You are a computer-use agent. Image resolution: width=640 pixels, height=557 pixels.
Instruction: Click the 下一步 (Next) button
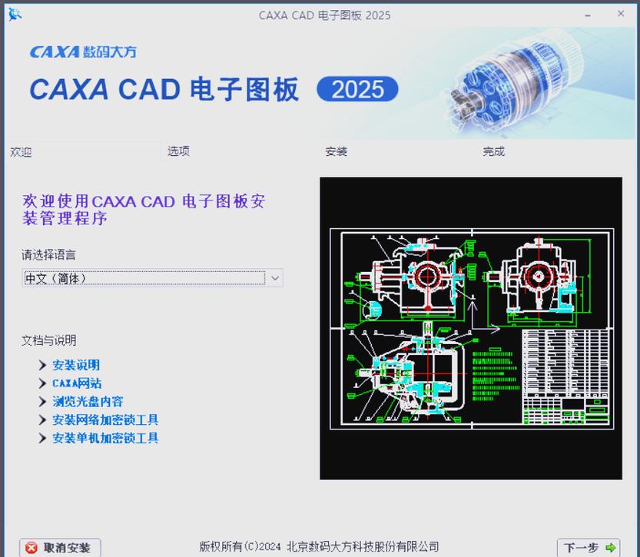(x=589, y=547)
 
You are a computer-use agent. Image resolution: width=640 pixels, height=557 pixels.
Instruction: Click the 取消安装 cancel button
(x=58, y=547)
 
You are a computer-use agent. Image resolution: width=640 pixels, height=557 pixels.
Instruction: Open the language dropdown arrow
(x=275, y=278)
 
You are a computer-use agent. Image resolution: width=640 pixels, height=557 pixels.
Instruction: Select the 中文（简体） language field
(x=143, y=278)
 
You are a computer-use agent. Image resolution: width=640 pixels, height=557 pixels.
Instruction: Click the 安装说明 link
(x=76, y=365)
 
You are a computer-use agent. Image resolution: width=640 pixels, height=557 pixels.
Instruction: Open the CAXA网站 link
(x=77, y=383)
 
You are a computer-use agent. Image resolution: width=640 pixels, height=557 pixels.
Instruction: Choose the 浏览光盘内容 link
(x=88, y=401)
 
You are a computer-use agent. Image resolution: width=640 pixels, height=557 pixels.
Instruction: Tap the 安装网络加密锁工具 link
(x=105, y=419)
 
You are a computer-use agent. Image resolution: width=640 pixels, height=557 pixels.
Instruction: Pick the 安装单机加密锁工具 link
(x=105, y=438)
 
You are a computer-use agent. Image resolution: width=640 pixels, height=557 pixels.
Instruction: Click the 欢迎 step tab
(x=21, y=152)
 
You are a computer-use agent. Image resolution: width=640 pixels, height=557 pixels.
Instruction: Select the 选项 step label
(x=178, y=151)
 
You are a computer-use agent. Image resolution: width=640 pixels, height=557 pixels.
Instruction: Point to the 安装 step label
(x=337, y=151)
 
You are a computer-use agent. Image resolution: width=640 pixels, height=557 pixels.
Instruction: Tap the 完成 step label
(x=494, y=151)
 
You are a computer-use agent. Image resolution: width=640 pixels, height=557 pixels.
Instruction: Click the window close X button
(x=621, y=14)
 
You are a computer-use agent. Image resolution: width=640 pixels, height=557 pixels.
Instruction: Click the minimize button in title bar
(x=589, y=14)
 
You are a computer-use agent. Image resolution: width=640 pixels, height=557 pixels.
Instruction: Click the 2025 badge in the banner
(x=357, y=90)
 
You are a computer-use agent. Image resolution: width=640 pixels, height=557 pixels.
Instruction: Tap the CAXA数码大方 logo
(x=83, y=52)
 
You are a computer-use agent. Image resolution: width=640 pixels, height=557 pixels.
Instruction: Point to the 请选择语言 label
(x=48, y=254)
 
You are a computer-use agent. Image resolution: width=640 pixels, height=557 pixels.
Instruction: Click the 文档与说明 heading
(x=48, y=340)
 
